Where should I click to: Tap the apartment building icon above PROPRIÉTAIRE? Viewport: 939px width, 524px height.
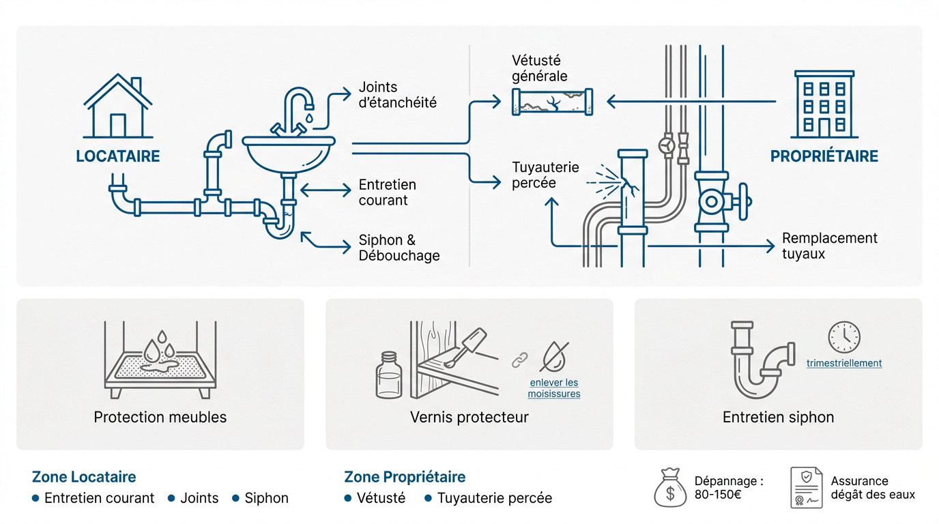point(824,104)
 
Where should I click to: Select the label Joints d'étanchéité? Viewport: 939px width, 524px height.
point(397,95)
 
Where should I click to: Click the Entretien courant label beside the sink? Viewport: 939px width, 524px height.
point(388,192)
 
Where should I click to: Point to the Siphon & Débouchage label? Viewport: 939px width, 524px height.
point(399,248)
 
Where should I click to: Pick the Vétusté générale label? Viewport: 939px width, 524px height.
point(540,68)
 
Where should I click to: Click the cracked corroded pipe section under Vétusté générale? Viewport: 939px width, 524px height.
point(552,102)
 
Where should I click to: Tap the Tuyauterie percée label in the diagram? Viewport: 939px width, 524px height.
point(545,175)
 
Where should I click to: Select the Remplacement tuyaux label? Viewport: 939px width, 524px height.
point(830,246)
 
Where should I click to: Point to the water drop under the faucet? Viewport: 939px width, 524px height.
point(309,118)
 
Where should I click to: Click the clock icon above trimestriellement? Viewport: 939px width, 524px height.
point(844,337)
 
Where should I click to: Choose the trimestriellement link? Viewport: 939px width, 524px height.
point(844,363)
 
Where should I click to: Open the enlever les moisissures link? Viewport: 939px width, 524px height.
point(553,388)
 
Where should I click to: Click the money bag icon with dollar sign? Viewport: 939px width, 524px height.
point(670,488)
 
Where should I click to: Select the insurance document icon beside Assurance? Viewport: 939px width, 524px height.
point(806,488)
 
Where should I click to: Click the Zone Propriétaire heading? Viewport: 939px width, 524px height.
point(405,477)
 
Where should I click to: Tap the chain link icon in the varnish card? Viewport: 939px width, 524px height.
point(520,360)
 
